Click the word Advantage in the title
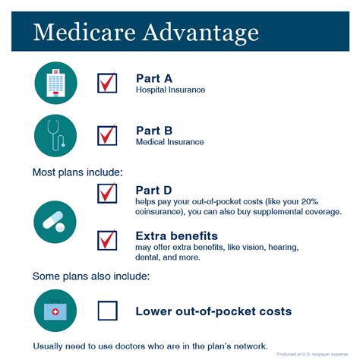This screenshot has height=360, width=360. click(199, 33)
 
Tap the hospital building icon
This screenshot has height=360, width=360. click(55, 83)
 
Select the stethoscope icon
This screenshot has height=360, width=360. click(55, 135)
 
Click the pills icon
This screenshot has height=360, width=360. click(55, 222)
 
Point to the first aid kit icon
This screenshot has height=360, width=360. click(55, 311)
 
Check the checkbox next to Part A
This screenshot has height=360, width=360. click(107, 82)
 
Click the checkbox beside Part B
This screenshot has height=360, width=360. click(107, 135)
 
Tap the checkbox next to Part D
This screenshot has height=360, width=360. click(107, 193)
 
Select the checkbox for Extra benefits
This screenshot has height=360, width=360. click(107, 241)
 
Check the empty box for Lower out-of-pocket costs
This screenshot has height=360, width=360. click(107, 311)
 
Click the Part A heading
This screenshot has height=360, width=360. click(154, 77)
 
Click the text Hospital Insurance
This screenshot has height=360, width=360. click(170, 90)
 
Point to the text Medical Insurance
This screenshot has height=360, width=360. click(169, 141)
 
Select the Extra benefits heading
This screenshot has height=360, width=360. click(176, 235)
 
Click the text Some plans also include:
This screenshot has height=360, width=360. click(90, 276)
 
